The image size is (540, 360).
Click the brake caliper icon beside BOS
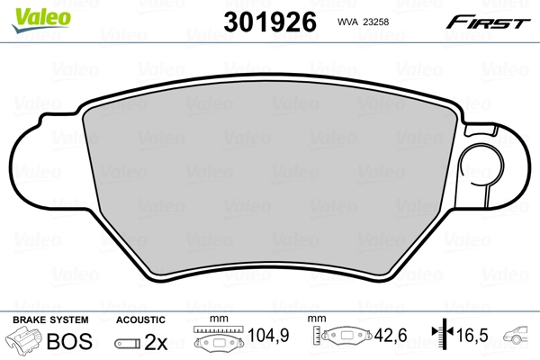25,341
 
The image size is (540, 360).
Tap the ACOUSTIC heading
141,319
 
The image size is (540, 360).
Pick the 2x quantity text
157,341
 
